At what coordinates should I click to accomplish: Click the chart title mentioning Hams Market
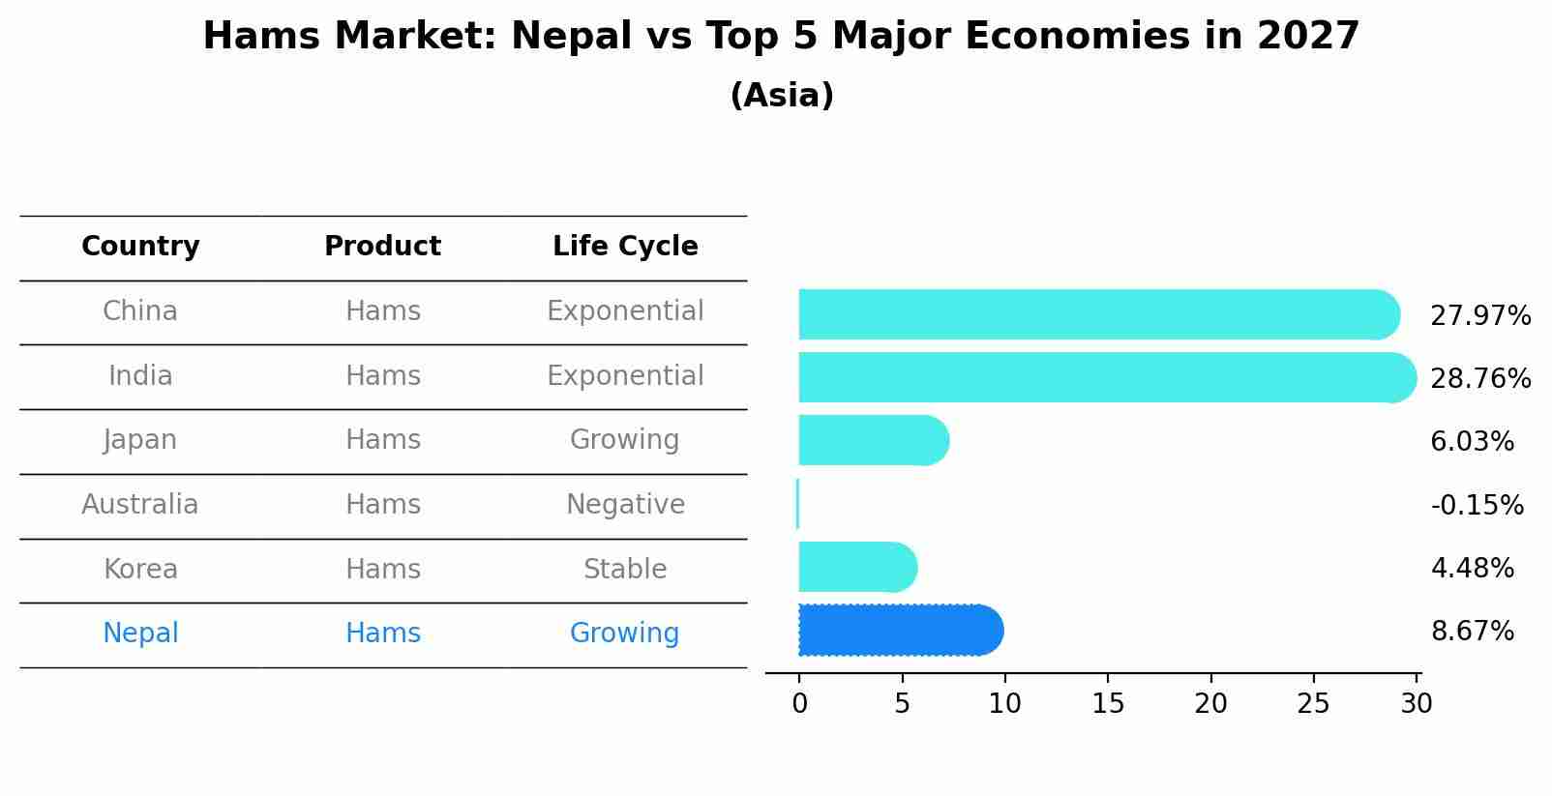[x=781, y=37]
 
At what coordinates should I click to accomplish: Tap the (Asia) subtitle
[x=781, y=96]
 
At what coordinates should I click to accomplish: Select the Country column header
[x=140, y=247]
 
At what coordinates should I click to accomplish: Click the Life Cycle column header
[x=625, y=247]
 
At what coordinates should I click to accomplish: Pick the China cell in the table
[x=140, y=311]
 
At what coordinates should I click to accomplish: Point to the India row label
[x=140, y=376]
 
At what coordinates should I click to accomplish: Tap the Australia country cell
[x=140, y=505]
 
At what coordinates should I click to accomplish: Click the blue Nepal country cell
[x=140, y=634]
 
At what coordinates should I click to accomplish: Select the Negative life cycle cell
[x=625, y=505]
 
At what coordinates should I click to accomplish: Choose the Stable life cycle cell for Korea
[x=625, y=570]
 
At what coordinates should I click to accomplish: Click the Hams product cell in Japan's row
[x=383, y=440]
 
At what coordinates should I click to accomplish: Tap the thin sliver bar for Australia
[x=797, y=504]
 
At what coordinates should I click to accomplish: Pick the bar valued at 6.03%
[x=871, y=440]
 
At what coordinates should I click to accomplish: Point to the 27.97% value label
[x=1480, y=316]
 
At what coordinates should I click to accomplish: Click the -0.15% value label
[x=1477, y=506]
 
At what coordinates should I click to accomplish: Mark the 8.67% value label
[x=1472, y=632]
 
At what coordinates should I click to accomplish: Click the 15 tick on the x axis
[x=1108, y=704]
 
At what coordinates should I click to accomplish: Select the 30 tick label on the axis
[x=1416, y=704]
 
